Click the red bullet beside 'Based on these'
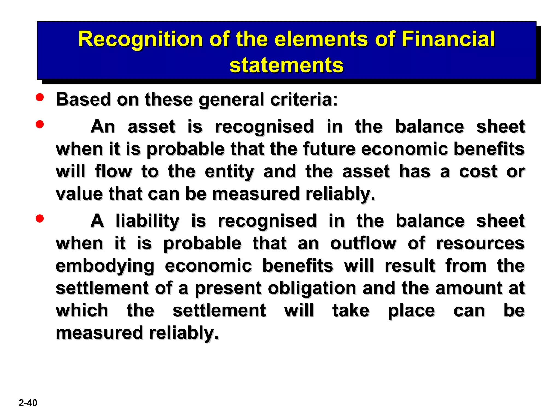pyautogui.click(x=40, y=98)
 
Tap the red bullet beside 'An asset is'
pyautogui.click(x=40, y=124)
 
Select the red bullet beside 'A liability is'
pyautogui.click(x=40, y=218)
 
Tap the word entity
pyautogui.click(x=229, y=172)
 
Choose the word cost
pyautogui.click(x=478, y=171)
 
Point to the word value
pyautogui.click(x=79, y=194)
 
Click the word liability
pyautogui.click(x=148, y=221)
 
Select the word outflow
pyautogui.click(x=363, y=243)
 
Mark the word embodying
pyautogui.click(x=105, y=266)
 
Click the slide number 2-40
pyautogui.click(x=28, y=403)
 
